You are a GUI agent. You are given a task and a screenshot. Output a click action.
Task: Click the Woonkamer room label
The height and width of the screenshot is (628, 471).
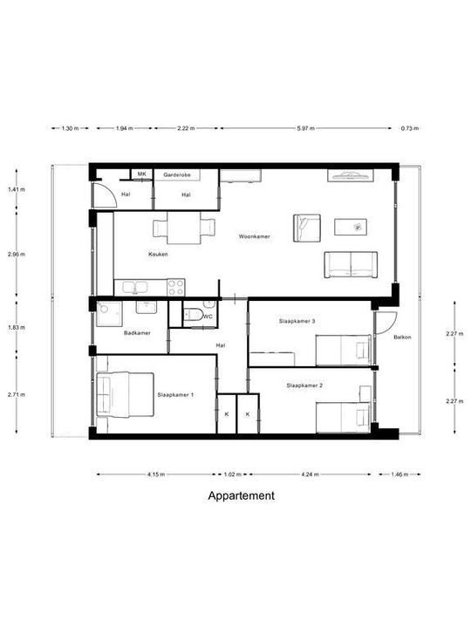[x=255, y=236]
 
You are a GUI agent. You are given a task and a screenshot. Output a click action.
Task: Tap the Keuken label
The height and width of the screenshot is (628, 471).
[x=157, y=255]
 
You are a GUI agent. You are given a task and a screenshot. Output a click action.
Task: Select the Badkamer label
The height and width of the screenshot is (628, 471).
[x=138, y=333]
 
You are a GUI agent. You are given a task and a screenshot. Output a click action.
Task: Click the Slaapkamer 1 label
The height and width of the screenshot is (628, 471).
[x=175, y=395]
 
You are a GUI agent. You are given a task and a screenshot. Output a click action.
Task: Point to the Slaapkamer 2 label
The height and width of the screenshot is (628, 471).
[x=304, y=385]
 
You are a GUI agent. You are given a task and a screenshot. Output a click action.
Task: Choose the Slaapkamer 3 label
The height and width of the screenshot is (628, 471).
[x=297, y=321]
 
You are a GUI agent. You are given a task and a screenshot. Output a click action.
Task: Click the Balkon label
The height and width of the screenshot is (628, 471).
[x=402, y=337]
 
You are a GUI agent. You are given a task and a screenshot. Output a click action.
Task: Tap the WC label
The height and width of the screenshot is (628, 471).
[x=208, y=317]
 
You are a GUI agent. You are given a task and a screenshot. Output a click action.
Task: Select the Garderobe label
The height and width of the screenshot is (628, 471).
[x=176, y=175]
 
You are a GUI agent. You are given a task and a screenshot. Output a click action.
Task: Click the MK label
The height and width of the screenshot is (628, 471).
[x=140, y=174]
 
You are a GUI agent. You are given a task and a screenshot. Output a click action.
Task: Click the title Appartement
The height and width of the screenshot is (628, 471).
[x=241, y=496]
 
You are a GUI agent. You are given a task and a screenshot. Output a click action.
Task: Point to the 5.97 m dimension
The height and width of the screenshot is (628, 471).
[x=304, y=128]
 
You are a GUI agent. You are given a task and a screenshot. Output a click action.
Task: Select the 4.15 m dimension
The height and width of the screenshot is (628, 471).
[x=156, y=474]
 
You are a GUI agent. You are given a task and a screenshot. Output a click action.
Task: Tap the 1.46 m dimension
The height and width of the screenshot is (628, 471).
[x=400, y=474]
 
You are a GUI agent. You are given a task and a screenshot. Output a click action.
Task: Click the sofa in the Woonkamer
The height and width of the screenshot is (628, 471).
[x=351, y=264]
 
